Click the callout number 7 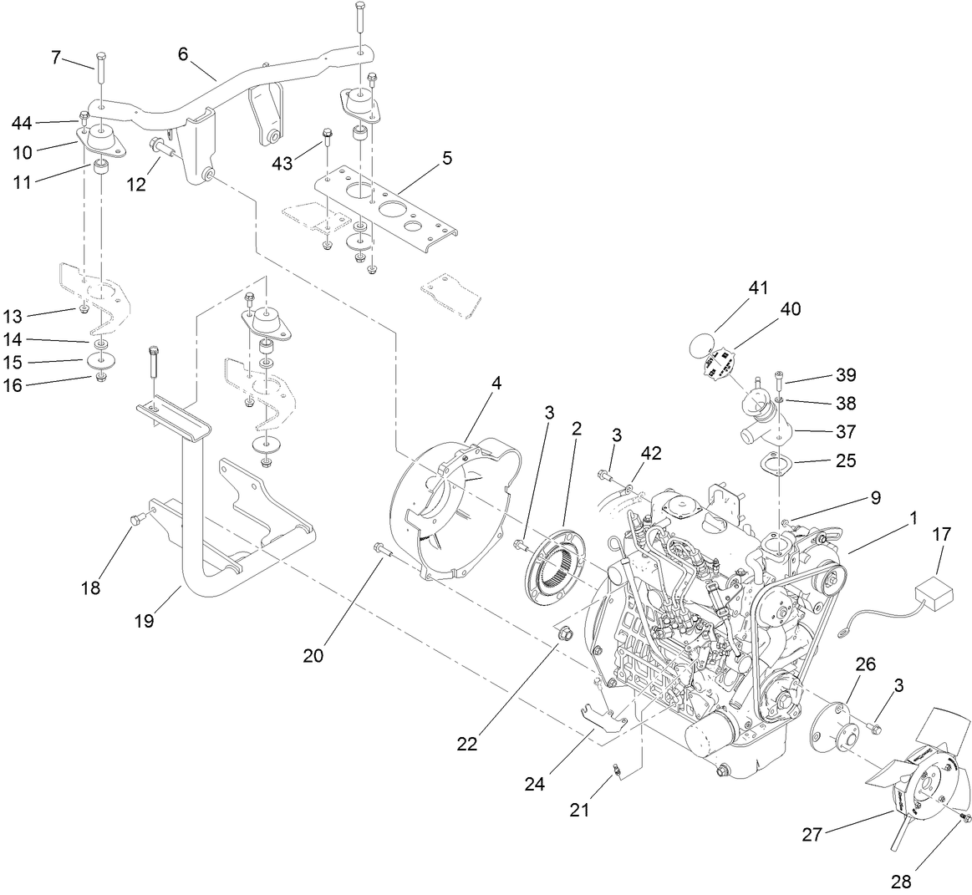(x=56, y=57)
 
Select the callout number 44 (x=22, y=124)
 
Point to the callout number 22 (x=467, y=743)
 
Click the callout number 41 (x=758, y=288)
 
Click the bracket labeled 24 (x=603, y=719)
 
